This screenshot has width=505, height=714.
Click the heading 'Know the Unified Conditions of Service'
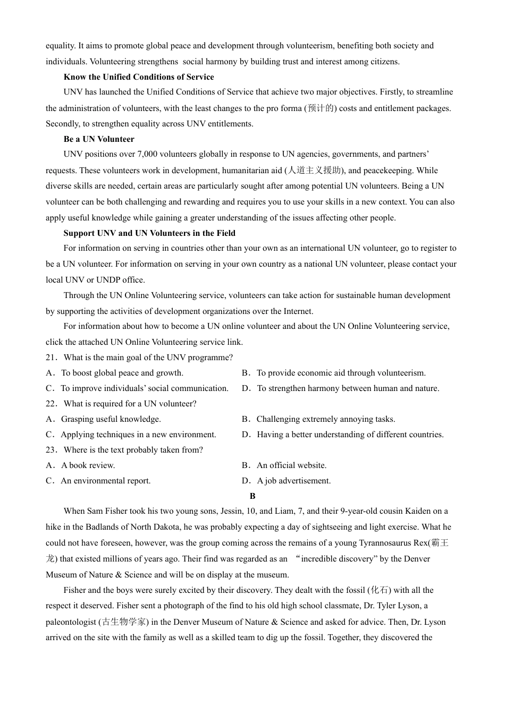point(139,77)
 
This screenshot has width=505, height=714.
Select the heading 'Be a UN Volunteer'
point(99,139)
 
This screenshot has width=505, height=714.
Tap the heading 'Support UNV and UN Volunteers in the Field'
point(149,233)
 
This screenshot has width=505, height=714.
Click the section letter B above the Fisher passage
point(252,496)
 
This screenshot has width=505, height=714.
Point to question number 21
point(51,358)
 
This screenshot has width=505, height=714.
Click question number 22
point(51,404)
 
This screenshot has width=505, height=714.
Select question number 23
point(51,450)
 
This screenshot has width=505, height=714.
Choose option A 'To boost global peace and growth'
point(122,373)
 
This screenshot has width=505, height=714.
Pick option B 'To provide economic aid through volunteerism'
point(341,373)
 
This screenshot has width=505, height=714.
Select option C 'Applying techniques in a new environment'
point(138,435)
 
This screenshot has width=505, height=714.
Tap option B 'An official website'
point(291,465)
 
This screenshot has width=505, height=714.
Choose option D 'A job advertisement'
point(293,481)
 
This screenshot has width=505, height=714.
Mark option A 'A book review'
point(88,465)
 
